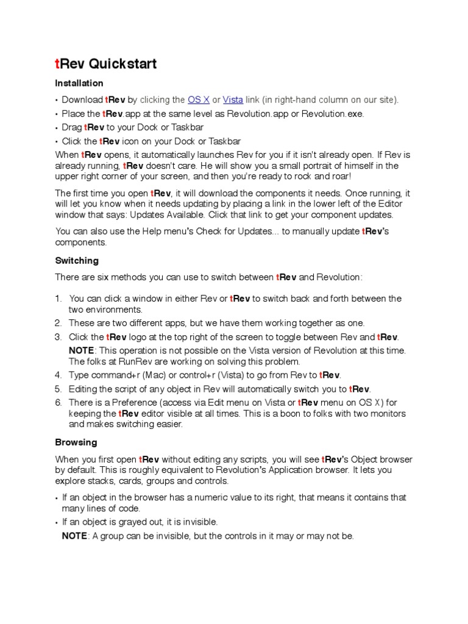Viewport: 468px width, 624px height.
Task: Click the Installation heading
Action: (79, 83)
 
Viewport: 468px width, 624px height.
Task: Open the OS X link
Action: (199, 99)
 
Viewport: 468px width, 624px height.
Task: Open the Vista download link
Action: (233, 99)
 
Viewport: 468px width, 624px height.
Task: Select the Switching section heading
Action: (77, 260)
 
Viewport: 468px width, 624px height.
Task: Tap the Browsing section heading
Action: (76, 442)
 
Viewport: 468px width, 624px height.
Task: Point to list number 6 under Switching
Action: (58, 402)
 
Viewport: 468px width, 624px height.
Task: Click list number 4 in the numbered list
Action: (58, 375)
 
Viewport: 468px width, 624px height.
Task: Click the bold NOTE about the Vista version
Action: (82, 350)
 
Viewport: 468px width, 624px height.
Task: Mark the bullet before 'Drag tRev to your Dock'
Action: (57, 128)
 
